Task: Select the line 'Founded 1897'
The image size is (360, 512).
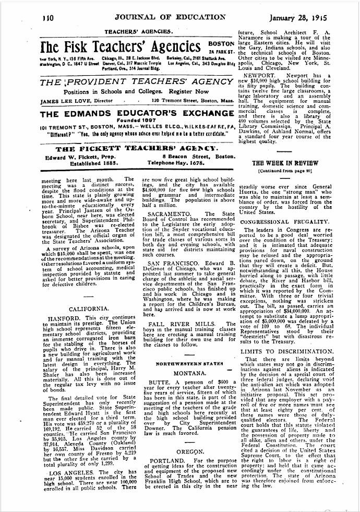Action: pos(136,123)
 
